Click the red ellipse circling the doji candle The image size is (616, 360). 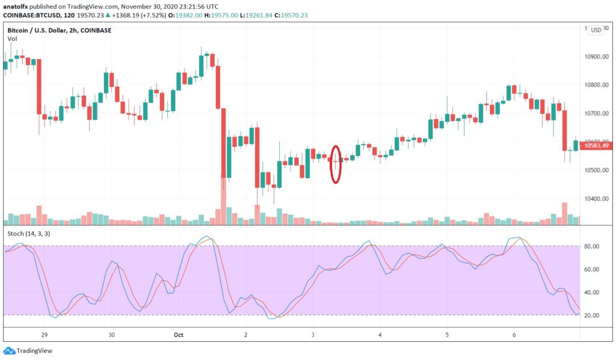(x=336, y=164)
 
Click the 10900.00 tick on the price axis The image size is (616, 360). (x=599, y=57)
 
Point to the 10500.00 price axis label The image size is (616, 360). (x=599, y=170)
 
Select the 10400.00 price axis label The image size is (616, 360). (x=599, y=199)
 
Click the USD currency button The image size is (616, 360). (x=596, y=29)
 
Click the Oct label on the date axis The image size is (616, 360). (x=178, y=333)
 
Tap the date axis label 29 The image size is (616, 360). (x=44, y=333)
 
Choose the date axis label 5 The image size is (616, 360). (x=446, y=333)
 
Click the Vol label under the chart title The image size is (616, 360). (x=12, y=39)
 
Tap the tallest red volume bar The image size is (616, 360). (x=223, y=201)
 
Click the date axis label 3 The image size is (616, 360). (x=313, y=333)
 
